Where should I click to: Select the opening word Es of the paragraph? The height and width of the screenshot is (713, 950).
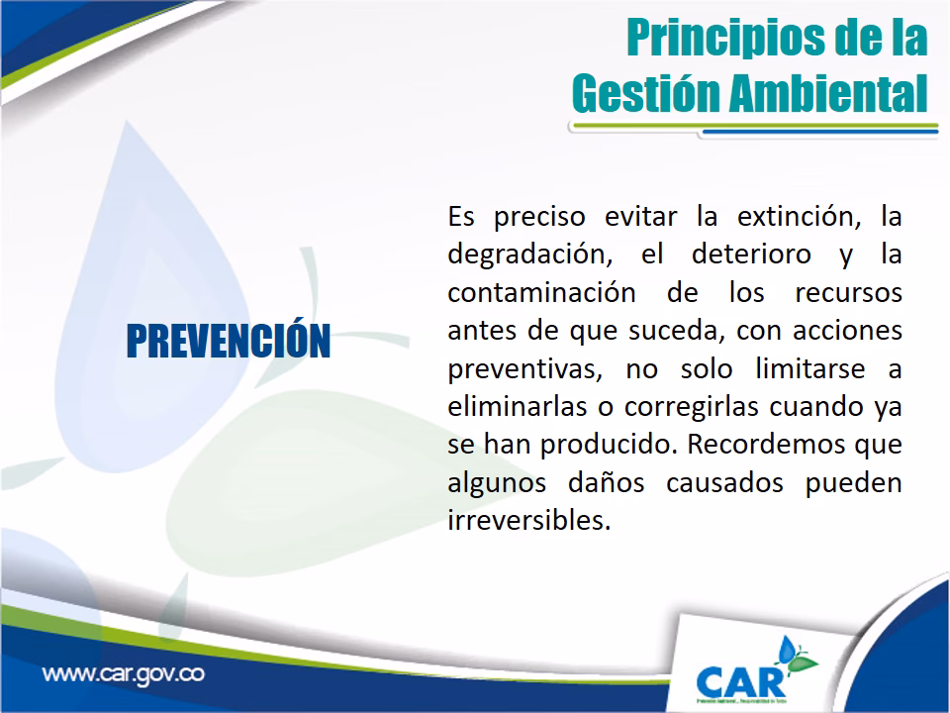point(460,215)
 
